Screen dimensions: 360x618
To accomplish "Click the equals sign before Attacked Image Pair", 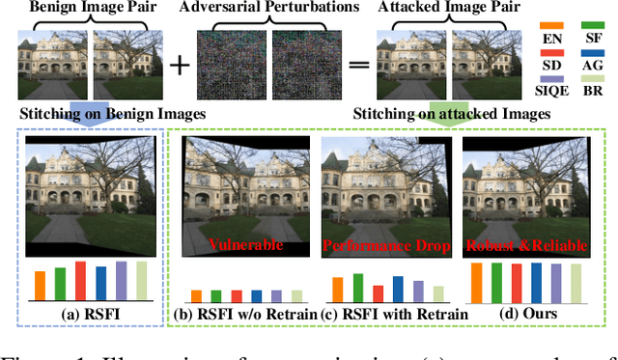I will point(357,65).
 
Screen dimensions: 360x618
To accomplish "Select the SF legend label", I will point(593,36).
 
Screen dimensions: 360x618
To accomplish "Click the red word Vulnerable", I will point(246,245).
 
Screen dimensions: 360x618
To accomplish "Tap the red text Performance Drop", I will point(386,245).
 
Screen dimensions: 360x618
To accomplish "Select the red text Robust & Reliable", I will point(526,245).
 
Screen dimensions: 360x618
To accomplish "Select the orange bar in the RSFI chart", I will point(40,285).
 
